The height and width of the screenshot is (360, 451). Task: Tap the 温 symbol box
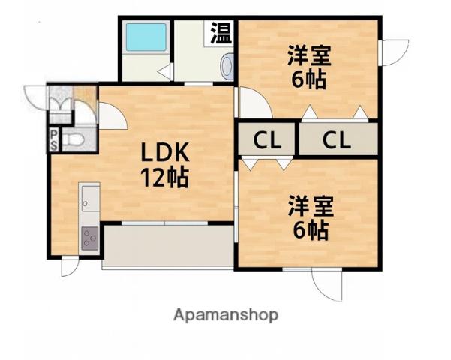point(221,33)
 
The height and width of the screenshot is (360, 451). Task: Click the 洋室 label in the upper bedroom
point(308,56)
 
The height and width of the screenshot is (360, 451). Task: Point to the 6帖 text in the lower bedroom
point(309,229)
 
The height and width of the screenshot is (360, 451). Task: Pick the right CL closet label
point(337,139)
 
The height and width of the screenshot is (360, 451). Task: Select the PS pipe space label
point(54,140)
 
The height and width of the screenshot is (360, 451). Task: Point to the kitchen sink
point(89,200)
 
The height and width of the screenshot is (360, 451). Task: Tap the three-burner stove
point(89,239)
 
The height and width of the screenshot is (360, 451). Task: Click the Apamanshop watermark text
point(226,314)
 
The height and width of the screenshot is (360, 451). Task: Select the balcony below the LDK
point(167,245)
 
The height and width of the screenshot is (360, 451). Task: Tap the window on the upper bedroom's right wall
point(391,52)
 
